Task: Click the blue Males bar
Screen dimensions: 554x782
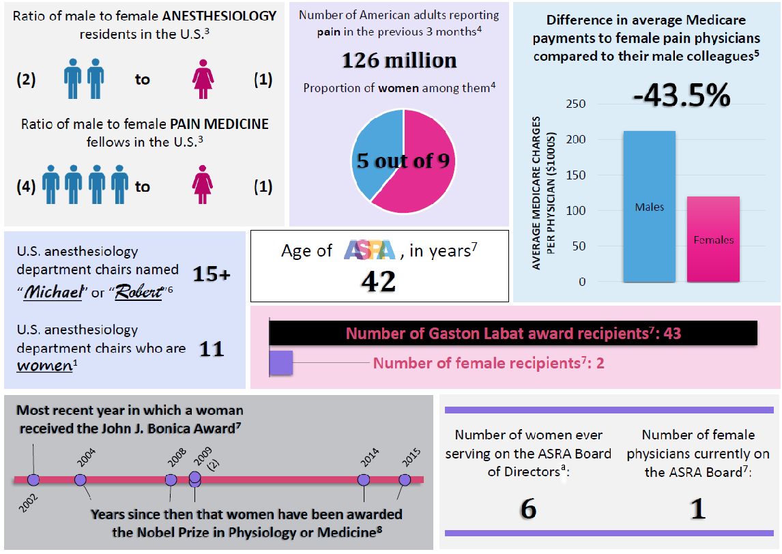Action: point(649,206)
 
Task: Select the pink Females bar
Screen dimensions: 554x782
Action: point(714,239)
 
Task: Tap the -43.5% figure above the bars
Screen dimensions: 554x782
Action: point(681,96)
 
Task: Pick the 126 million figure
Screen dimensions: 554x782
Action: point(399,61)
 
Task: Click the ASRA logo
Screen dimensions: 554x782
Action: point(369,250)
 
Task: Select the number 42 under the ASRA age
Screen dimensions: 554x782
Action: point(379,280)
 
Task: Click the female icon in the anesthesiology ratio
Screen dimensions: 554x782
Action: point(203,80)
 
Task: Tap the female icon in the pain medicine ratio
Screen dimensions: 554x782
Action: point(203,186)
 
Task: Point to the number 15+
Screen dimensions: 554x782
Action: point(211,274)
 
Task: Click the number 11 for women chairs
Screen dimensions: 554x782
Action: point(211,349)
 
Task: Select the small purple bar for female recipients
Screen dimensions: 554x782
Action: point(281,362)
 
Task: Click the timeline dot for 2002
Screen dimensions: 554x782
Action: point(33,480)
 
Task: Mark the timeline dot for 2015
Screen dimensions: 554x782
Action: point(405,480)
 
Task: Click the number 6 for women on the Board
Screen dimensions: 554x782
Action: point(528,509)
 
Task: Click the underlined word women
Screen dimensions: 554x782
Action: point(44,366)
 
